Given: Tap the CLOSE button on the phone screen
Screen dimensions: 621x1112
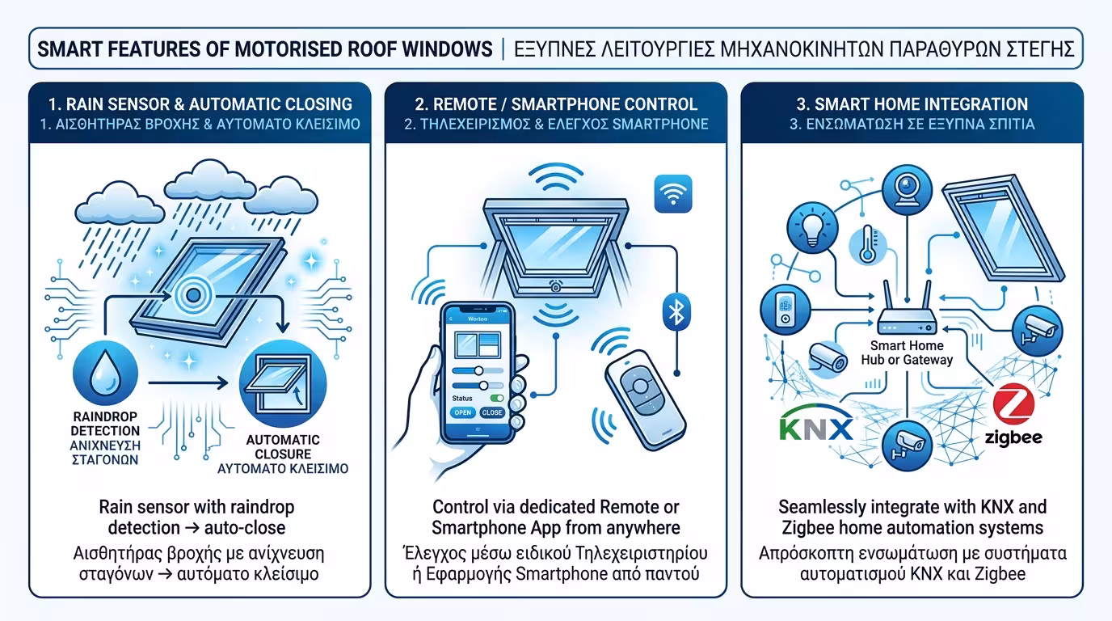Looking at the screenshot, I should point(491,412).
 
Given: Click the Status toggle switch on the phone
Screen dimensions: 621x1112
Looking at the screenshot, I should point(498,398).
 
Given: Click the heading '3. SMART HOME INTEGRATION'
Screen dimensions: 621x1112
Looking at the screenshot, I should point(912,104).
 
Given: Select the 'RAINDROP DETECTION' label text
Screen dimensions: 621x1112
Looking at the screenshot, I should point(105,424).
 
